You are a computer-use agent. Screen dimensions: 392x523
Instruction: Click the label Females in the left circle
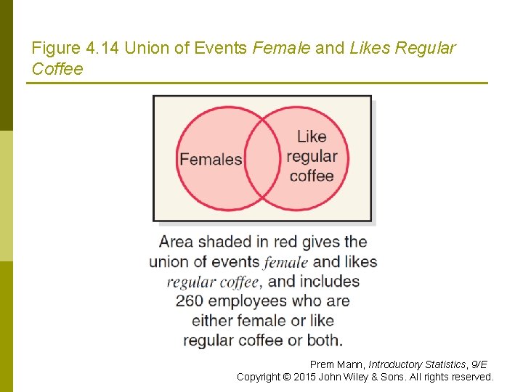210,159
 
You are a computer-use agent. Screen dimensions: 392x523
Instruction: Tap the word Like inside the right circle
312,136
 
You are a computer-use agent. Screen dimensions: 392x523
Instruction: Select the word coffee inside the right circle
312,176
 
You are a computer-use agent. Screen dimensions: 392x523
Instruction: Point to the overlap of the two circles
262,158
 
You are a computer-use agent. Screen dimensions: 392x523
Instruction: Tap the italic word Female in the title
281,49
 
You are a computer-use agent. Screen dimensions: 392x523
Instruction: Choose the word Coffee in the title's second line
57,70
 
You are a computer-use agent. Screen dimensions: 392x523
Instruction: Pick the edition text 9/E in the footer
479,364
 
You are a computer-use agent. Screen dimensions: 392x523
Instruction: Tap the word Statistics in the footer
441,364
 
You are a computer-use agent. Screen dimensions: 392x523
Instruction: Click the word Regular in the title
426,49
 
